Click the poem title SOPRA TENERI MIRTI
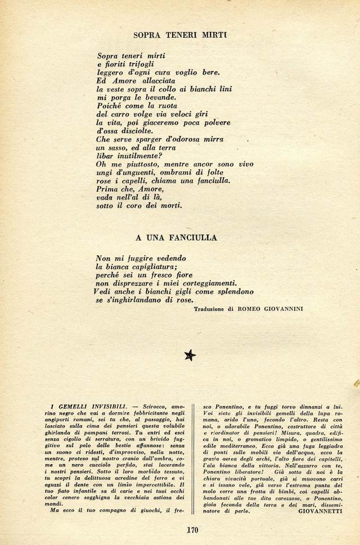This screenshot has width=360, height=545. pos(179,34)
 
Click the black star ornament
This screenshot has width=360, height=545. pos(190,355)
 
